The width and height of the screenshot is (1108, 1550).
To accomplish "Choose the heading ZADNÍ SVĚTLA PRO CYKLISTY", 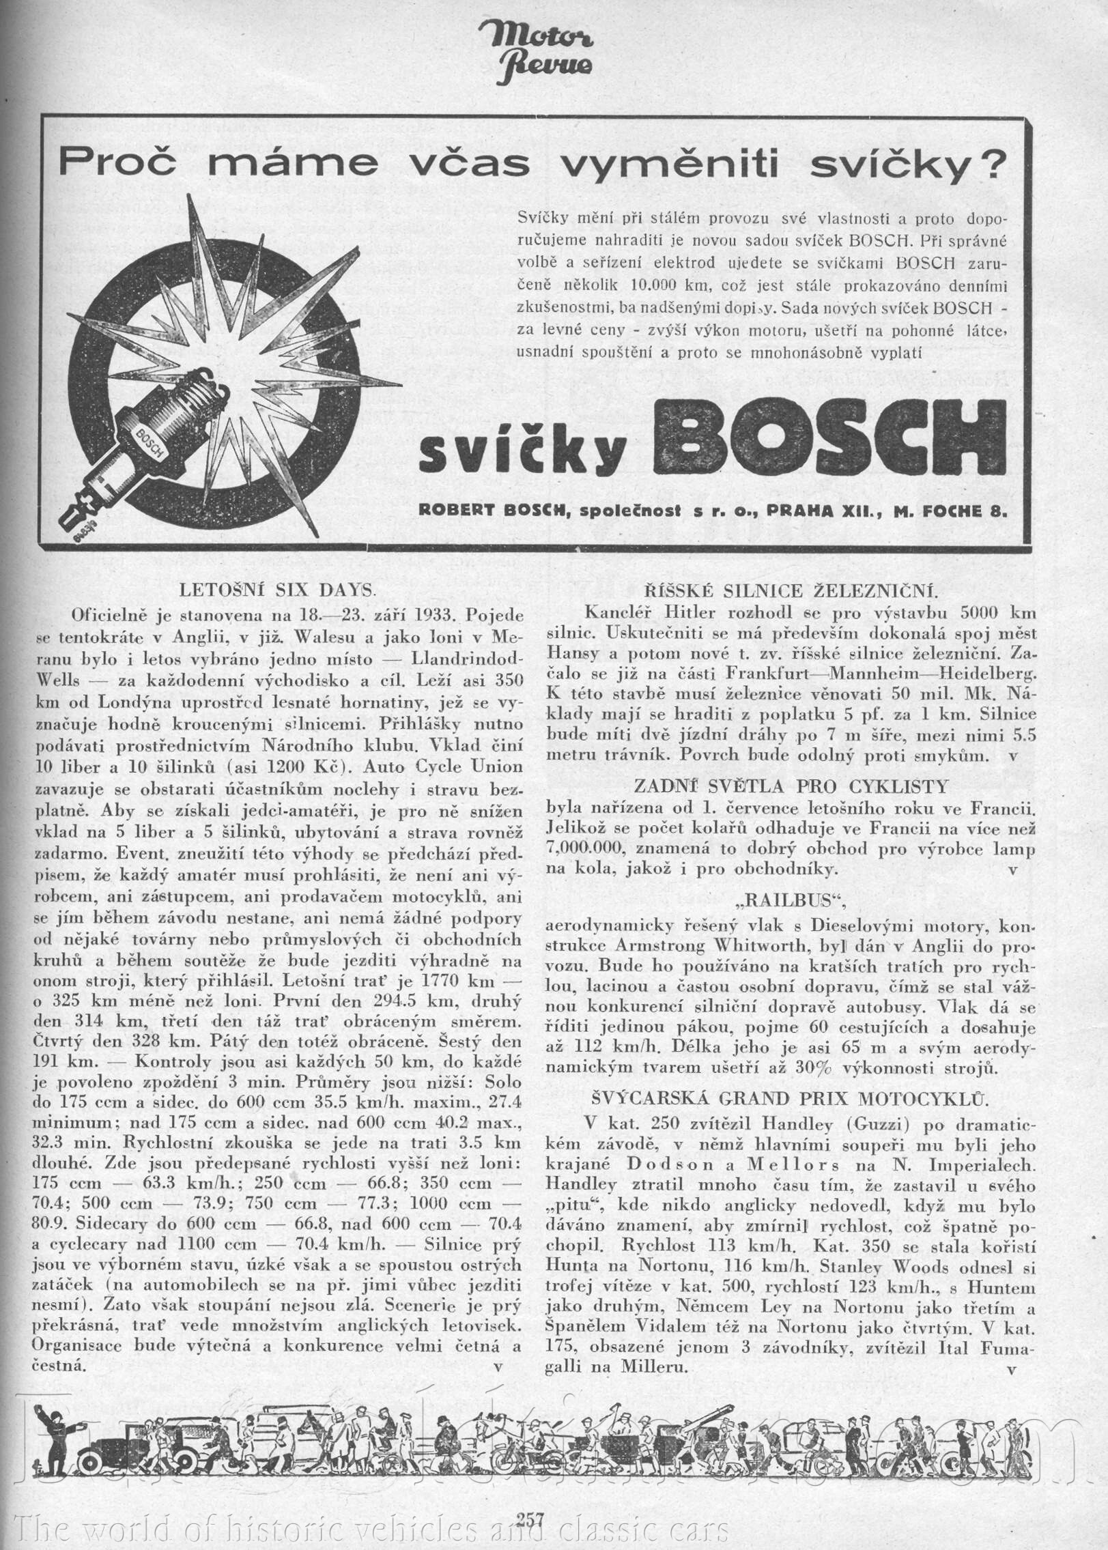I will click(791, 786).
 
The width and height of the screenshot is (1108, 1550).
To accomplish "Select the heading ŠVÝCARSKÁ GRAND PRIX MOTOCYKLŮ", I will click(791, 1098).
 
